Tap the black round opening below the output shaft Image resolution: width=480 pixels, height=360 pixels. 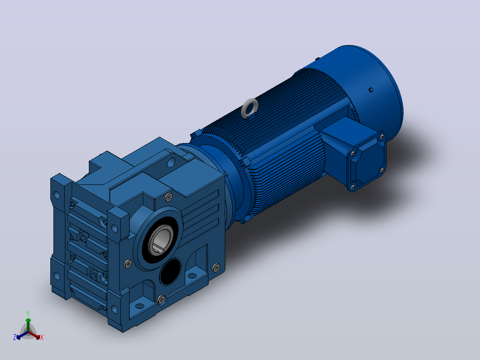point(170,271)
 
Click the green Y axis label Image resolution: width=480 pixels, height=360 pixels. point(28,313)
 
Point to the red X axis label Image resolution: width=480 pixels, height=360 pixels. point(42,337)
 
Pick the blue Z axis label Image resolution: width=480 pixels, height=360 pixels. point(15,337)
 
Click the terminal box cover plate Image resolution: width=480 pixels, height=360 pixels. point(367,161)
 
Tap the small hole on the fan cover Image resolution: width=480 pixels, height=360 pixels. point(371,90)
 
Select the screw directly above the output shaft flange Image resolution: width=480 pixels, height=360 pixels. point(168,198)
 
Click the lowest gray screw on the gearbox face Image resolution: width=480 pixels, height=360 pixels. point(161,300)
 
